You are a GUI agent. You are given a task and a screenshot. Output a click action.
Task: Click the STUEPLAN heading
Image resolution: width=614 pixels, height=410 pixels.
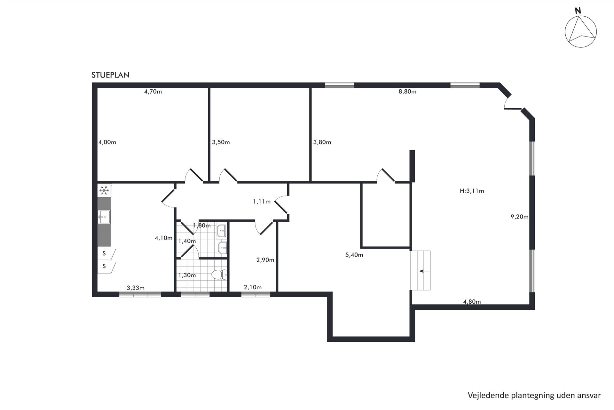(x=110, y=75)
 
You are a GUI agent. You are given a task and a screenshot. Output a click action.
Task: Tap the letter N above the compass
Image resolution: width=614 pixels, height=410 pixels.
(x=578, y=11)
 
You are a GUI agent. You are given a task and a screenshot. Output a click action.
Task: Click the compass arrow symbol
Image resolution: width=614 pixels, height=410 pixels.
(x=581, y=32)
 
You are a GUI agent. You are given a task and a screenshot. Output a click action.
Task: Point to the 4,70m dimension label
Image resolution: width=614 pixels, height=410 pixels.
(x=153, y=92)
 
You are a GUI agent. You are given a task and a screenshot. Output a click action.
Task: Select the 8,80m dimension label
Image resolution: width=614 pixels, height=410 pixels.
(x=407, y=92)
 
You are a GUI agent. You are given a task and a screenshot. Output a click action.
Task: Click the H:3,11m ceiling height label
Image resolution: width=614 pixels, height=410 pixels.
(x=472, y=191)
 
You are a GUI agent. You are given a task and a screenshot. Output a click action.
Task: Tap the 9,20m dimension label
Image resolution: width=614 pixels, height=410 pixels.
(x=519, y=217)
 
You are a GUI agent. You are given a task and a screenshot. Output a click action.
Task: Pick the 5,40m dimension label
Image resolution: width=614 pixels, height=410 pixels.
(x=354, y=255)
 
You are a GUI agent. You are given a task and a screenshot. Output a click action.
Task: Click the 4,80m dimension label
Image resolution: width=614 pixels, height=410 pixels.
(x=472, y=301)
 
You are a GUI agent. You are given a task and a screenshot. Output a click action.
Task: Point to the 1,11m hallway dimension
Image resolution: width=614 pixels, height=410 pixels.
(x=262, y=201)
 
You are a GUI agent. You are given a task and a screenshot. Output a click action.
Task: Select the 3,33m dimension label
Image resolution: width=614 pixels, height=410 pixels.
(x=136, y=288)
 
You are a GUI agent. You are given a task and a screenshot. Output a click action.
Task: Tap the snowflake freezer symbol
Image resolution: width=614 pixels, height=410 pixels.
(x=104, y=191)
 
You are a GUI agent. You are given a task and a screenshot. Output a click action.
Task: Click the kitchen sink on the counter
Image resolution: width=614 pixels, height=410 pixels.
(x=104, y=217)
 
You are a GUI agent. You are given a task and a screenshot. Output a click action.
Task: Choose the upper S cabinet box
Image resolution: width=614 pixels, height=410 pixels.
(x=104, y=253)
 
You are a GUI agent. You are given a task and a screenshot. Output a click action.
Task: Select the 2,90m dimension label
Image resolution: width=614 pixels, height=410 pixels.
(x=265, y=260)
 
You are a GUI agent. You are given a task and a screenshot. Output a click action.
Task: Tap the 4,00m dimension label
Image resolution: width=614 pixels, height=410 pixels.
(x=107, y=142)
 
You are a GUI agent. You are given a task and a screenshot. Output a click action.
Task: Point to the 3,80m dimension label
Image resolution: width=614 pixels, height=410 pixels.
(x=322, y=142)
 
